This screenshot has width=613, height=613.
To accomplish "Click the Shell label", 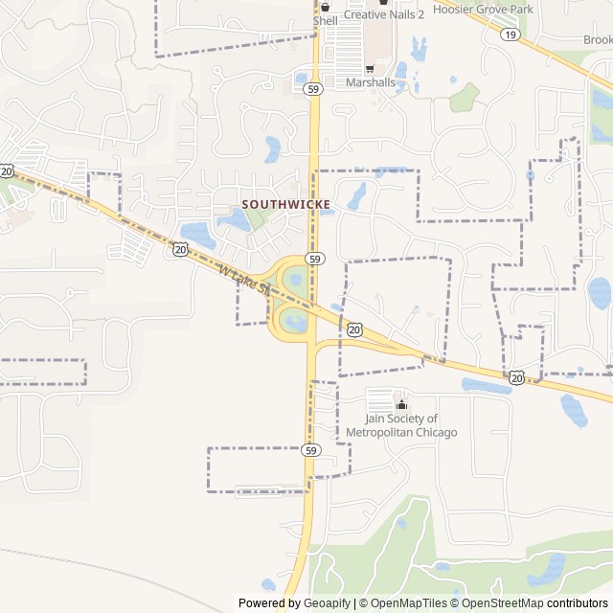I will [326, 20].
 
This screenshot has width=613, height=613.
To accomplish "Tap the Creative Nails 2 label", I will [383, 14].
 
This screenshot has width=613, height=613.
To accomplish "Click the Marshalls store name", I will [370, 82].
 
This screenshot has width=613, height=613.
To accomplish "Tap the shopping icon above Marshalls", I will [370, 69].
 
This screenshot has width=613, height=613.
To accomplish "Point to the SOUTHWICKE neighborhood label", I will [286, 204].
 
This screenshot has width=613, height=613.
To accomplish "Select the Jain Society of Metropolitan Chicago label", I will [411, 425].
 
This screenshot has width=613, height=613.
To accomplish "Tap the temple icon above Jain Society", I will [400, 403].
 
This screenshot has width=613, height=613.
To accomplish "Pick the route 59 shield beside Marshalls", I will [313, 89].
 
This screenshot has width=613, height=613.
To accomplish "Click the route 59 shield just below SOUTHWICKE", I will [313, 260].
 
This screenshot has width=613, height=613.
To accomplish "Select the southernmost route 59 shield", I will [311, 449].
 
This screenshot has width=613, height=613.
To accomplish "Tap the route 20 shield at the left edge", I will [8, 170].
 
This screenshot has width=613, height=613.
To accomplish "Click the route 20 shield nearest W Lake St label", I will [180, 249].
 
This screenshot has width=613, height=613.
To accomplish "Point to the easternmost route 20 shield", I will [517, 378].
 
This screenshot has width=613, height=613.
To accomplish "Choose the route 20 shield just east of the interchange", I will [355, 329].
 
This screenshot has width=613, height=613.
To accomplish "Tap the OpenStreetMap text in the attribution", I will [496, 603].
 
